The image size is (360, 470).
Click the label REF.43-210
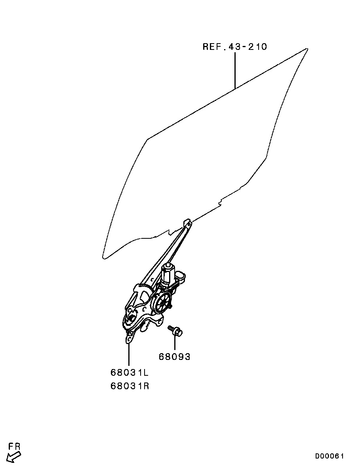[235, 47]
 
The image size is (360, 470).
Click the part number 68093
[174, 357]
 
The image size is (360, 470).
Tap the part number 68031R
[130, 386]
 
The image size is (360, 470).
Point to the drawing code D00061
[330, 456]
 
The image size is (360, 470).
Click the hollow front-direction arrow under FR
[13, 457]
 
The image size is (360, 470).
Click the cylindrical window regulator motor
[168, 273]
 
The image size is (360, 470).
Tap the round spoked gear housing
[162, 303]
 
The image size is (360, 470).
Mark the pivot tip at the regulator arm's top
[188, 223]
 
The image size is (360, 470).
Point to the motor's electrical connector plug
[182, 277]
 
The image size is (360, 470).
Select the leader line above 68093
[174, 343]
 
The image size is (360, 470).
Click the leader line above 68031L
[129, 354]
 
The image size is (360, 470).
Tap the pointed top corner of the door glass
[307, 49]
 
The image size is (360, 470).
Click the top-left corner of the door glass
[148, 139]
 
